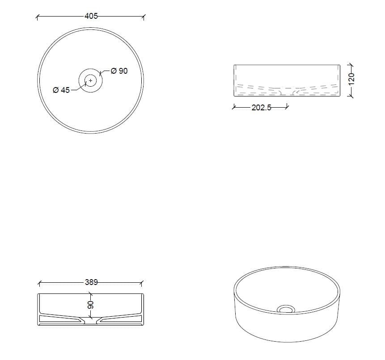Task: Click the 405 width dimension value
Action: (x=91, y=17)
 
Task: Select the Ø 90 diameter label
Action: (x=119, y=71)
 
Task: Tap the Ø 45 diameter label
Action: (x=61, y=90)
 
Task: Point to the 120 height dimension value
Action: (x=351, y=79)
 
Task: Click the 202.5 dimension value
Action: (x=262, y=107)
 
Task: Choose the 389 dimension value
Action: (x=91, y=282)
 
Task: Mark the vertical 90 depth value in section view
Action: (x=90, y=306)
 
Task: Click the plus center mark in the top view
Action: (x=91, y=80)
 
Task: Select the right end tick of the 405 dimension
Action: (x=143, y=17)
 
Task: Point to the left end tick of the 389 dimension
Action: (x=39, y=282)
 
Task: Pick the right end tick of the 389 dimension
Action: (x=142, y=282)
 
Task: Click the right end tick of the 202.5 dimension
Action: (x=287, y=107)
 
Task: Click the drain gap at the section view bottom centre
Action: (x=91, y=322)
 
